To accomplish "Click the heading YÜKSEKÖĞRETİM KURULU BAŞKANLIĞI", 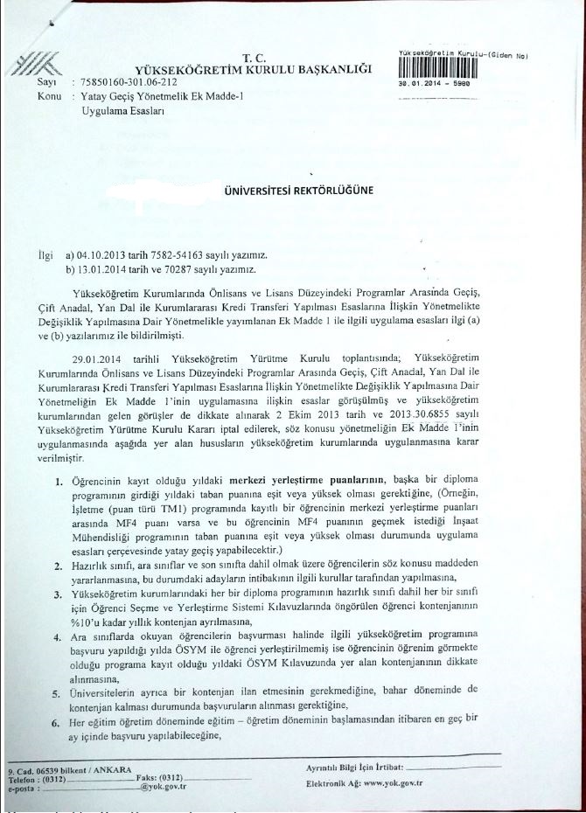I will pos(253,69).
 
